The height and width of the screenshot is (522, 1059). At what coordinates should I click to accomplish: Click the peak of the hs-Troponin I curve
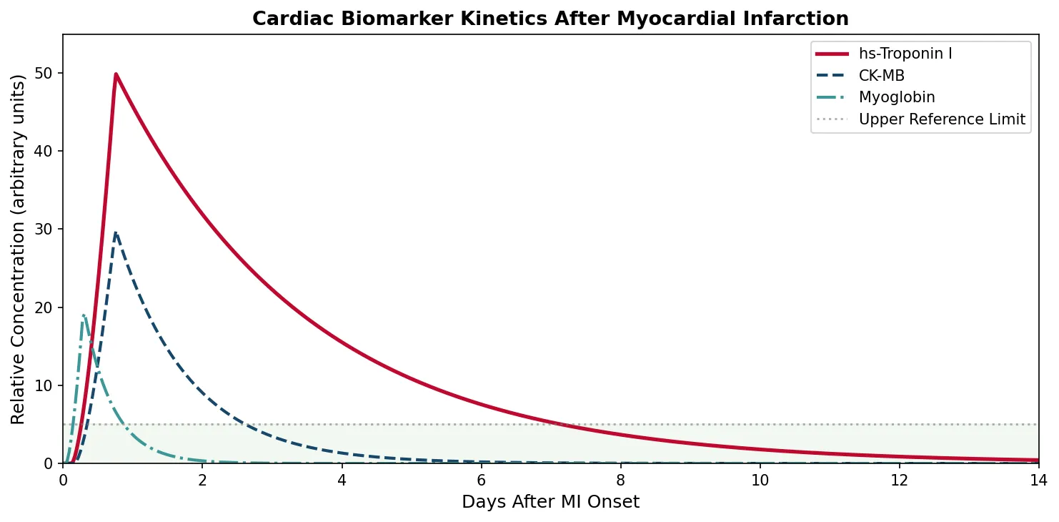point(116,74)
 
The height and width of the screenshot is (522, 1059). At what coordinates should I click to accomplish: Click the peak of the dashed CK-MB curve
point(116,232)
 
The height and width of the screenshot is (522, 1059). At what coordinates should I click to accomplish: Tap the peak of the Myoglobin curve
point(84,315)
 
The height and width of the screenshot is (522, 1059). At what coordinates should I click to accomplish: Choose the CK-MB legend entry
point(881,76)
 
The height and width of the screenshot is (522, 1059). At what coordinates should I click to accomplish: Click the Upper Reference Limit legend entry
point(941,119)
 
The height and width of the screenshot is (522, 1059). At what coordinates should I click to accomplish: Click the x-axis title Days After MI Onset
point(550,502)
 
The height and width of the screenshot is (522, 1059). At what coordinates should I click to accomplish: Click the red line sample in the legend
point(832,54)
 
